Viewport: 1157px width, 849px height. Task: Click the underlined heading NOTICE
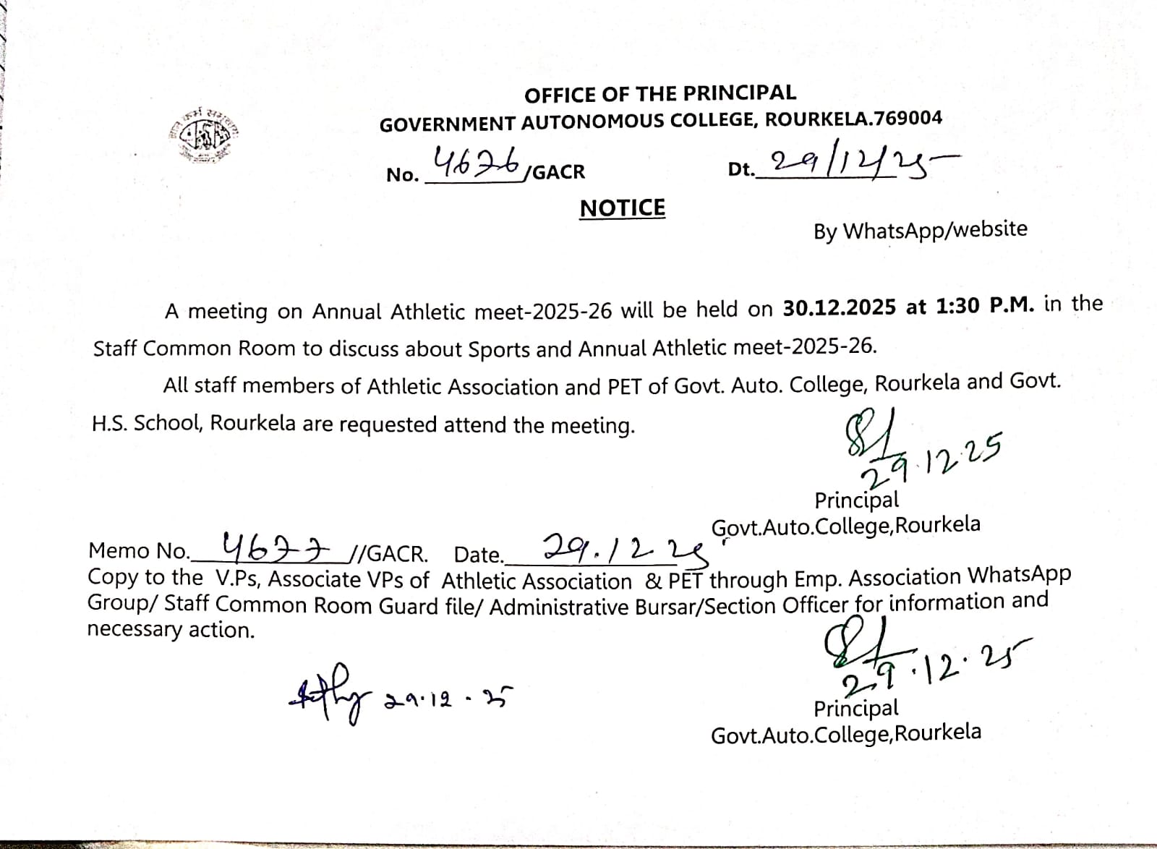(x=622, y=208)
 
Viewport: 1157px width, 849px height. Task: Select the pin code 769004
(x=909, y=118)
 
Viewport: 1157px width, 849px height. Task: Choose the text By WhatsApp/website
(x=920, y=231)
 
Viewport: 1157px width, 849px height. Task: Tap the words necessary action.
(x=171, y=630)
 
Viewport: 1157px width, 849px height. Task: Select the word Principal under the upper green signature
(x=857, y=500)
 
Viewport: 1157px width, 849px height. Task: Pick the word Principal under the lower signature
(x=856, y=709)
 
